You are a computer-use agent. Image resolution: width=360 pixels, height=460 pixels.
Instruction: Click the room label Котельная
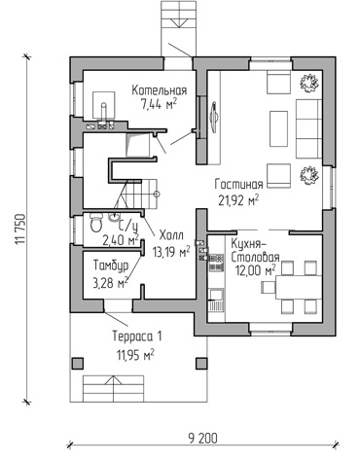point(160,90)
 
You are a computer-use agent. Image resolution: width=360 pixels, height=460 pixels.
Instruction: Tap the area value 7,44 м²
point(159,104)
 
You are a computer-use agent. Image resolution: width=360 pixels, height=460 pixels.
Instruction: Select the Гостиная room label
point(238,185)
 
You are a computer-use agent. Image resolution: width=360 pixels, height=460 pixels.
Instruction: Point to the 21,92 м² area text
point(238,200)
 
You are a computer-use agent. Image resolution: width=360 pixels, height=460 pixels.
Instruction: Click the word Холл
point(171,235)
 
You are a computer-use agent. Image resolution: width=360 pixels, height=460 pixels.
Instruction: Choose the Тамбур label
point(111,265)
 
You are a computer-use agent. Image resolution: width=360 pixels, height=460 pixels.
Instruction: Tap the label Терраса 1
point(137,336)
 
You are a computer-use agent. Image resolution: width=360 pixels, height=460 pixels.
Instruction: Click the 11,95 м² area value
point(135,355)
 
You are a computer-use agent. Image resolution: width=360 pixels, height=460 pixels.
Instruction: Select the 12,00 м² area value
point(256,270)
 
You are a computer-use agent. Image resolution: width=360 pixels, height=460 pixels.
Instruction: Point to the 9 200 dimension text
point(202,439)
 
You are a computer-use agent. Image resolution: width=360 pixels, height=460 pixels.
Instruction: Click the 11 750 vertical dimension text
point(20,229)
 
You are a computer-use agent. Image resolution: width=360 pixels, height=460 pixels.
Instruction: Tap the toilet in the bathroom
point(96,223)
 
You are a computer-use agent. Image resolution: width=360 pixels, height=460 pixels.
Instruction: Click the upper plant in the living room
point(309,83)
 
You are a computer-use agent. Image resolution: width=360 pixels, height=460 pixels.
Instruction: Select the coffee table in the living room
point(278,129)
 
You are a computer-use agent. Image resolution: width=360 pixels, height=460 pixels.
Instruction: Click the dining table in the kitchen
point(299,287)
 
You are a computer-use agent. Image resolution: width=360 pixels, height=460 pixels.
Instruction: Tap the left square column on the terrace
point(77,363)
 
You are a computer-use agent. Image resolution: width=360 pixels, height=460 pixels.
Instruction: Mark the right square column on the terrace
point(201,363)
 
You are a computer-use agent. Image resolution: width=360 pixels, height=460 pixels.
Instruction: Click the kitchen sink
point(216,295)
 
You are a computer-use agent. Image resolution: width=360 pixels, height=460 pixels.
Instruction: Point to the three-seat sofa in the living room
point(308,129)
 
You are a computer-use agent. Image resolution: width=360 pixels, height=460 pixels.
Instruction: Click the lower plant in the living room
point(309,175)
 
